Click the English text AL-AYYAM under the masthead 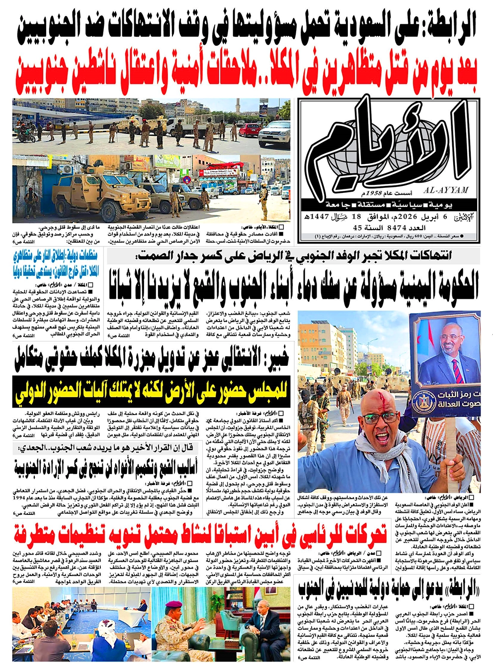pyautogui.click(x=446, y=189)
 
